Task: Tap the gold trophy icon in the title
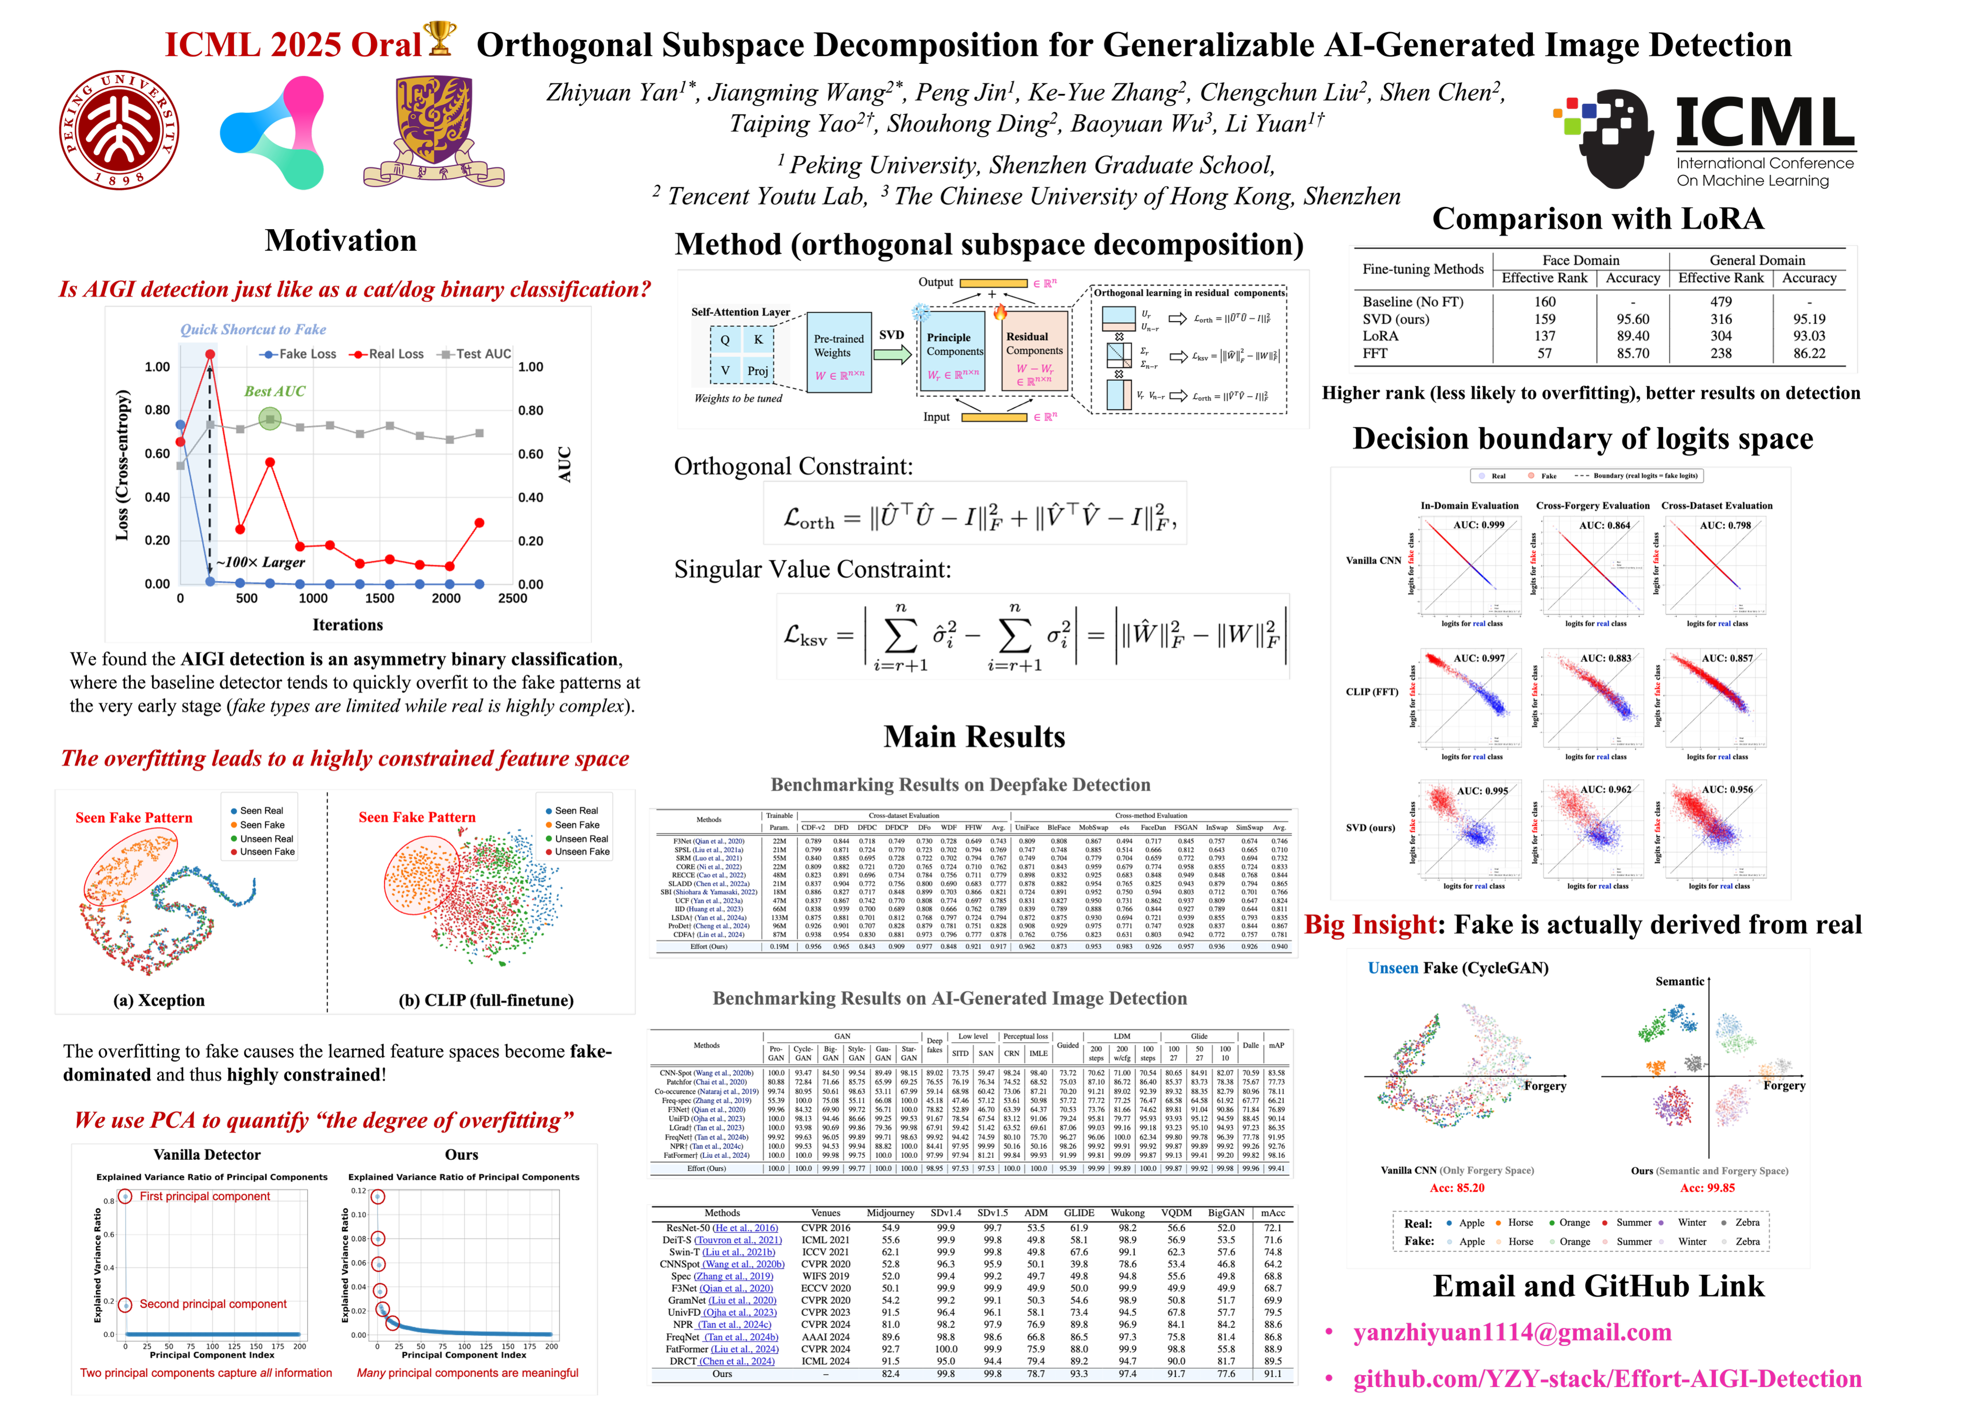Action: [439, 39]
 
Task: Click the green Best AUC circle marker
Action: [270, 420]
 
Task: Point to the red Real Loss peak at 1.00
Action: [210, 354]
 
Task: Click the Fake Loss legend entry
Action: [297, 354]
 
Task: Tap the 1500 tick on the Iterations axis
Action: [380, 598]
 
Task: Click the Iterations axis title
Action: [348, 625]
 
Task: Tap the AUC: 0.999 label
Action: [1479, 525]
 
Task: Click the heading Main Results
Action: [974, 737]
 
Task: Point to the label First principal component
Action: [205, 1196]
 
